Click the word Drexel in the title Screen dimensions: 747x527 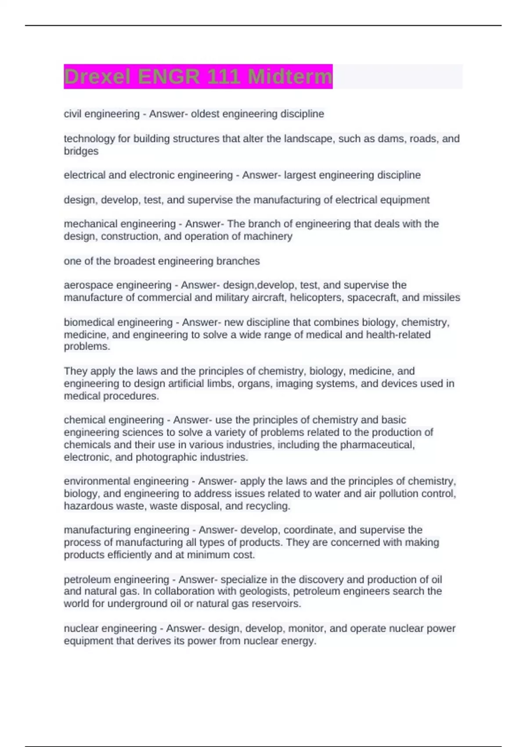pos(97,77)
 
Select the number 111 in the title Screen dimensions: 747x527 pos(224,77)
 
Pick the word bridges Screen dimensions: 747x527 pos(81,151)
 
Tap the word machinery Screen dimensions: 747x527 pos(271,236)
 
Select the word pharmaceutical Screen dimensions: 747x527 pos(377,445)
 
